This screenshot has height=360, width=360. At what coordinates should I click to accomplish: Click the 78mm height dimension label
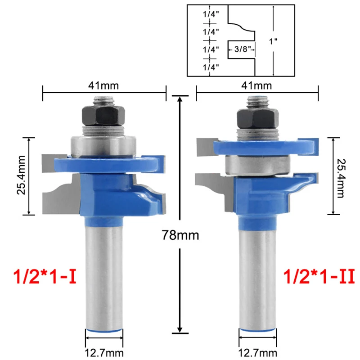coord(180,235)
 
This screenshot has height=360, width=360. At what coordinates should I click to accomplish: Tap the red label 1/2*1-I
coord(45,276)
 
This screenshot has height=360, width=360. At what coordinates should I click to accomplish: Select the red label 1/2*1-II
coord(319,276)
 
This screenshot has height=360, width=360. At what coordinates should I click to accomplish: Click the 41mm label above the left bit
coord(103,85)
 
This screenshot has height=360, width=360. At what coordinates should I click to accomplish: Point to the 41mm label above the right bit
coord(256,85)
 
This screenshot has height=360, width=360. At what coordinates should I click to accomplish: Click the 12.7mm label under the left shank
coord(104,353)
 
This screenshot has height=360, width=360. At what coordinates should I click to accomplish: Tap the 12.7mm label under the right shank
coord(257,353)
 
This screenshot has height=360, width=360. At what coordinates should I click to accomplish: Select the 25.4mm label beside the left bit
coord(21,175)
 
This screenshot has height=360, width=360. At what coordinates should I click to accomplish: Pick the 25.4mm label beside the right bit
coord(341,178)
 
